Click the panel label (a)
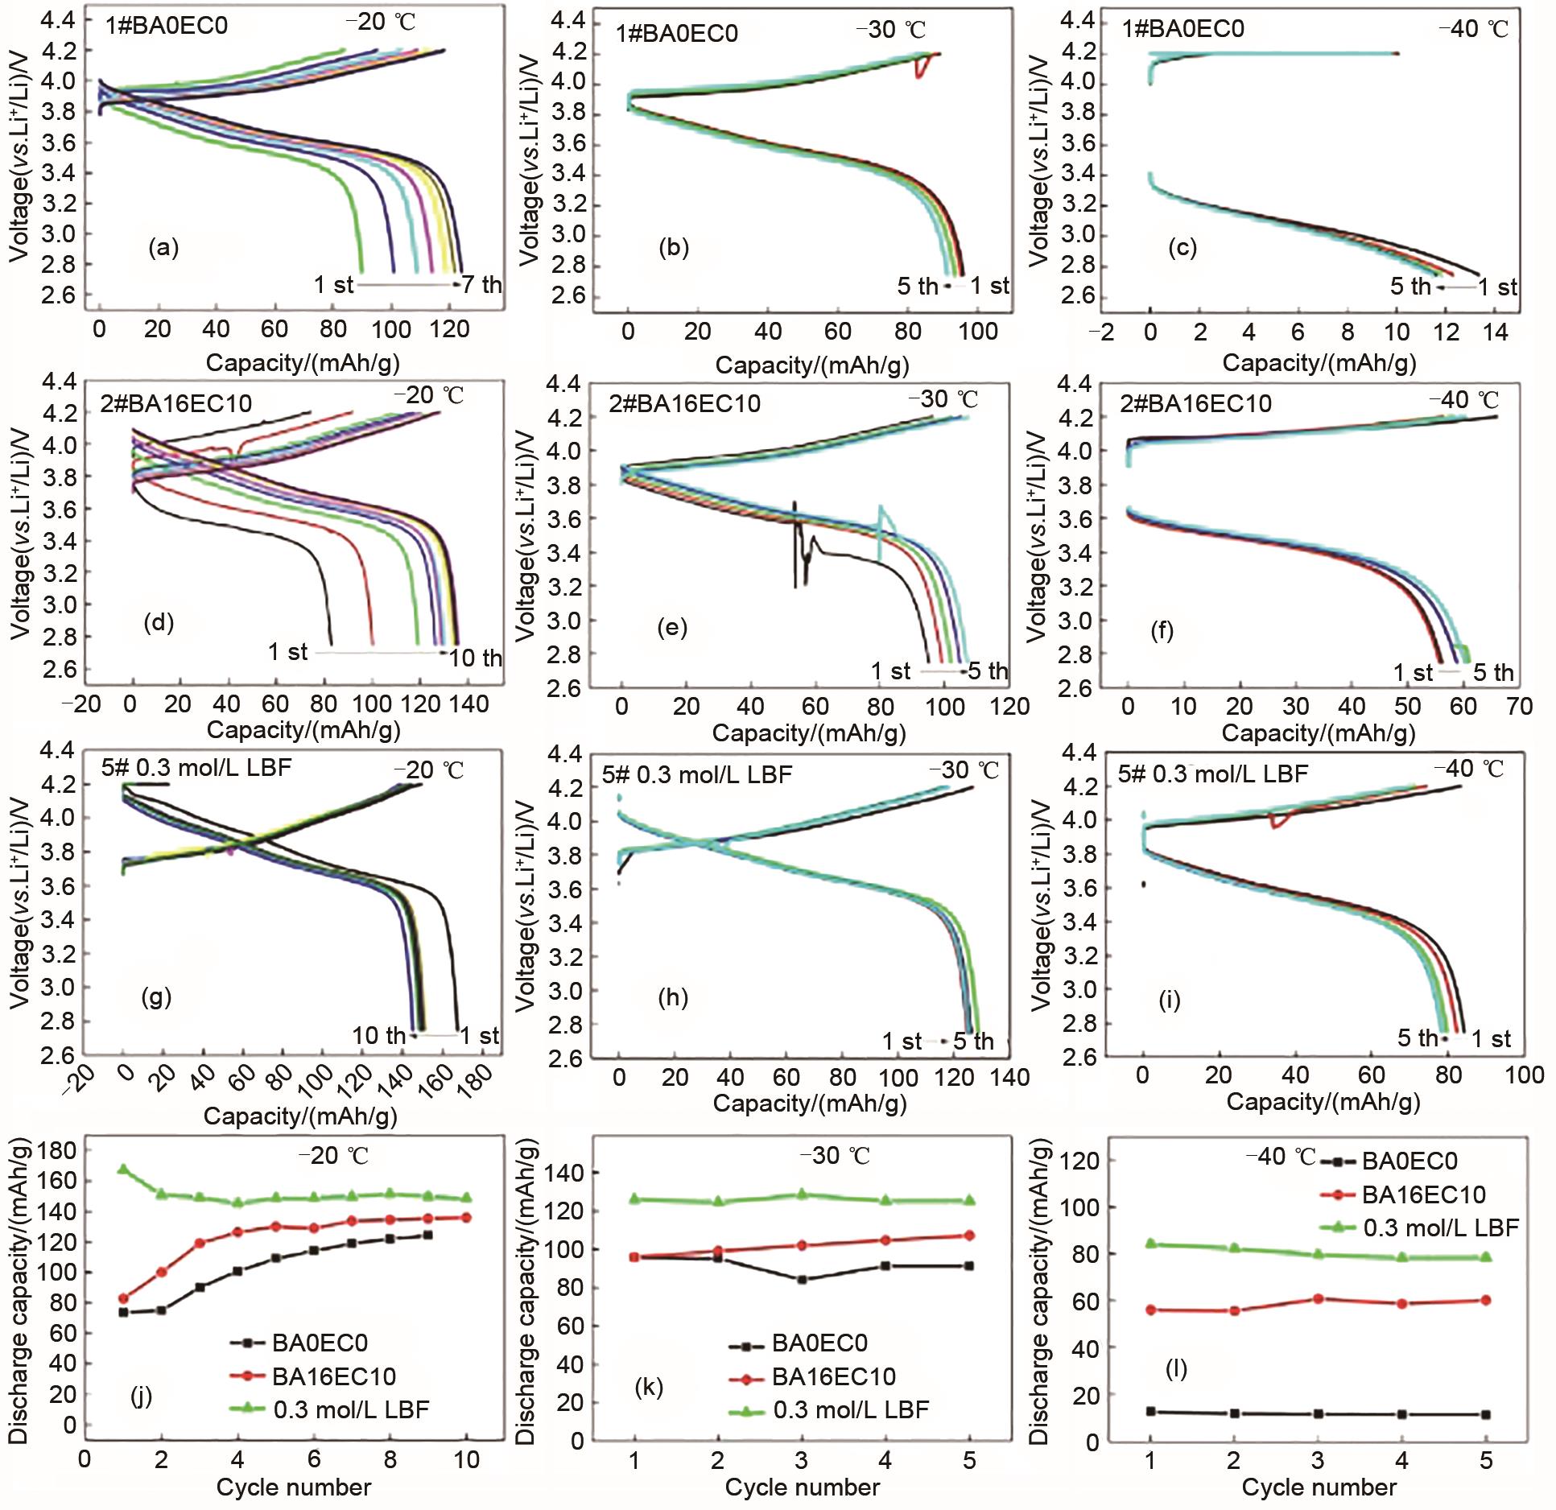(163, 248)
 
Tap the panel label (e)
(672, 627)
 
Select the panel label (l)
(1176, 1368)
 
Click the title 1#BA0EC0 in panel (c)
(1183, 29)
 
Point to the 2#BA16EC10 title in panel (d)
(175, 402)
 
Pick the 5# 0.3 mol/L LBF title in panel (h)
(697, 774)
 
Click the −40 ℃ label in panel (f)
(1462, 400)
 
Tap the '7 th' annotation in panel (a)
(482, 285)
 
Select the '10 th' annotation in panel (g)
(378, 1036)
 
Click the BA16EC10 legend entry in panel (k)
(833, 1376)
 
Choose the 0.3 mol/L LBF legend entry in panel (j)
(351, 1409)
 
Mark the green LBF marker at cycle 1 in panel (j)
(123, 1169)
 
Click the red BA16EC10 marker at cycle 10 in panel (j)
(466, 1218)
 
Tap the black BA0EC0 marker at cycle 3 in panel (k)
(802, 1279)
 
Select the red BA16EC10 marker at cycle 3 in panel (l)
(1319, 1298)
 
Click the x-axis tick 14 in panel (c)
(1496, 331)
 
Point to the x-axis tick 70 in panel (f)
(1519, 707)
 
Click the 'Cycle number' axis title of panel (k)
(802, 1487)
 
